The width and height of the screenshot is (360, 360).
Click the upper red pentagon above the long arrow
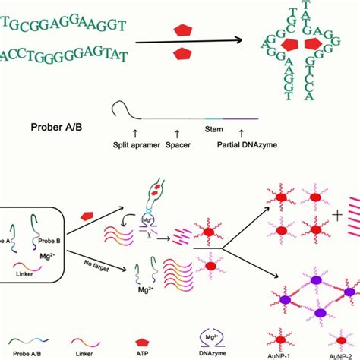click(x=182, y=31)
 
